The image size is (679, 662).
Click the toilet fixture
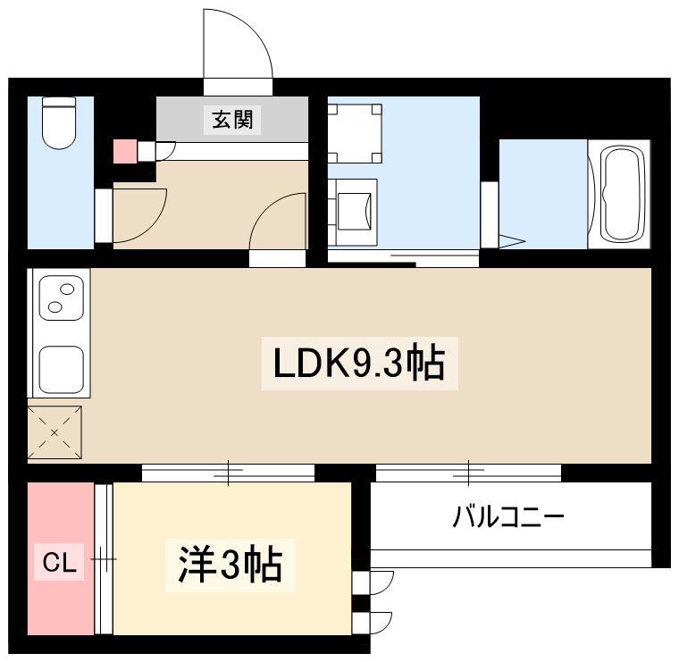(59, 123)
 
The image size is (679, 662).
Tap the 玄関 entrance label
(232, 120)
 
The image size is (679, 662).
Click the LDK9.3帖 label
(359, 364)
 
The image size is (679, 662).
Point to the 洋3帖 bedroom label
(231, 565)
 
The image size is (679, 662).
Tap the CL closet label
(59, 563)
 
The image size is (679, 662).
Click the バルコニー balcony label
(508, 516)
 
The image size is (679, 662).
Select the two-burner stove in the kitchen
(61, 297)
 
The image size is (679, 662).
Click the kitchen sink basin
(61, 368)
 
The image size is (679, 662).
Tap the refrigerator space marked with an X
(54, 432)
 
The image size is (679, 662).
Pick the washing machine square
(355, 133)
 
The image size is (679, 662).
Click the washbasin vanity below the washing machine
(353, 213)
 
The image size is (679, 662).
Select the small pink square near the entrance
(125, 151)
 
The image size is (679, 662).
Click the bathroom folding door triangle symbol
(512, 241)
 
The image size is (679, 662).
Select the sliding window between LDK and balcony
(468, 473)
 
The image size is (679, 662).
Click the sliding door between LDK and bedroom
(228, 473)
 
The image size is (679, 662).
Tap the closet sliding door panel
(104, 559)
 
